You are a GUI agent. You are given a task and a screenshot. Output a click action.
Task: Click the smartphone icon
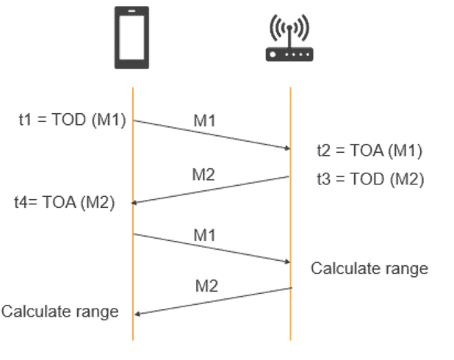[x=132, y=38]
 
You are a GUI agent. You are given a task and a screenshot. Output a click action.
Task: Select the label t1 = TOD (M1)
[x=72, y=120]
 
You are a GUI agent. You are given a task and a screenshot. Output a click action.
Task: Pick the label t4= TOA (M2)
[x=65, y=204]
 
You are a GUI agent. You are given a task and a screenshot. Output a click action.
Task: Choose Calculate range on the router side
[x=369, y=268]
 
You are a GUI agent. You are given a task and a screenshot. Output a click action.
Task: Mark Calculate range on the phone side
[x=60, y=311]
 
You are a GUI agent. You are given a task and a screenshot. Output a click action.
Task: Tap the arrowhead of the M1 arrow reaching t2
[x=287, y=148]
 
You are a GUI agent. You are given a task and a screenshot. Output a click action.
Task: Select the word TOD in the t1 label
[x=70, y=120]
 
